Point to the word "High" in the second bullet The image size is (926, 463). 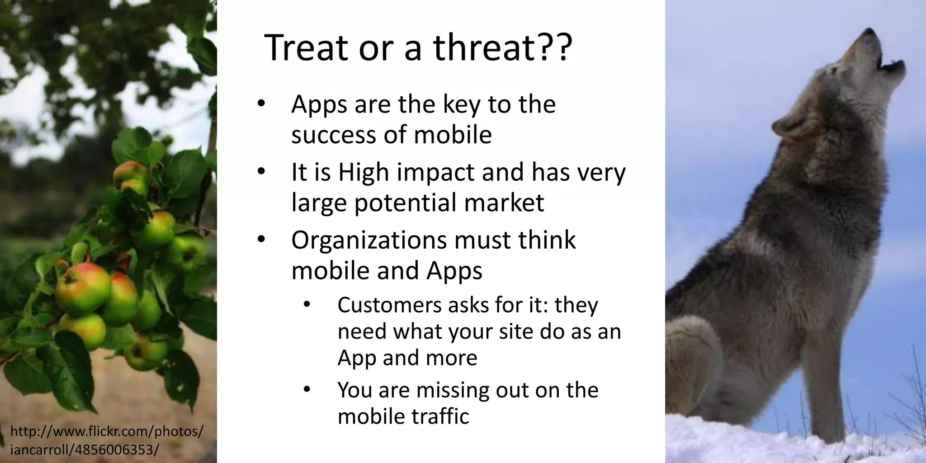[x=364, y=173]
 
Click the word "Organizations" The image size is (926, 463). [x=370, y=240]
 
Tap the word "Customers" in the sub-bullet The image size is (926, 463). [x=389, y=305]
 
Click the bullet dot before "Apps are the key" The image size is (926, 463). [x=261, y=104]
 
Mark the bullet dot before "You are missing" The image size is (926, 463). [x=307, y=389]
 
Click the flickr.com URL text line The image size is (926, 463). [x=107, y=431]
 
